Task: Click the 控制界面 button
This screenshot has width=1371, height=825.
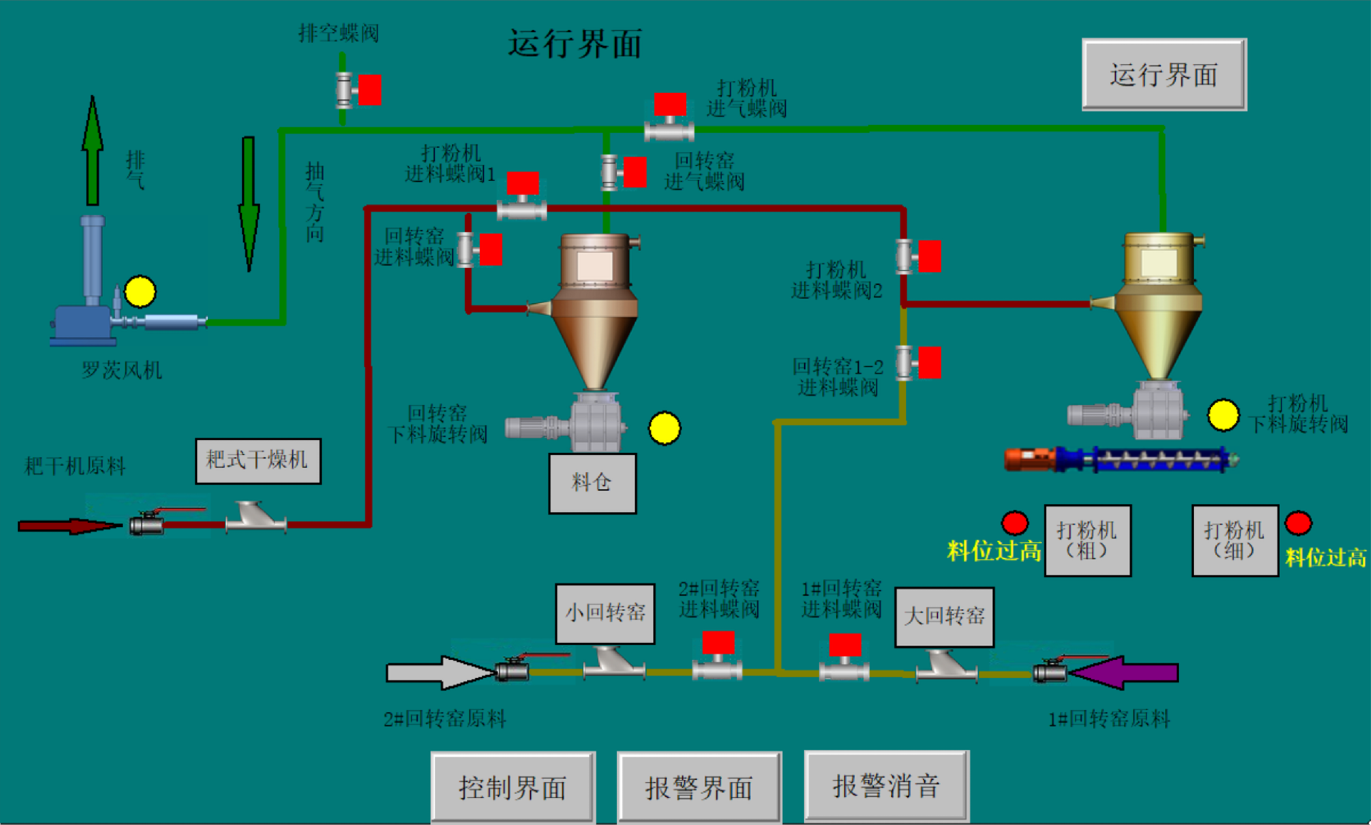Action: click(x=513, y=787)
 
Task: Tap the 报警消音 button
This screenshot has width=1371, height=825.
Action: click(x=886, y=786)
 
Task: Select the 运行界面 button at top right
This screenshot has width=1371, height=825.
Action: click(x=1164, y=74)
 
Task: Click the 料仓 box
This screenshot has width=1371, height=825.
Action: click(x=592, y=483)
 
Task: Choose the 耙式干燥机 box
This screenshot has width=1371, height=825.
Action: click(x=258, y=461)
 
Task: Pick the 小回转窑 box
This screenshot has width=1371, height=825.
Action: click(x=605, y=613)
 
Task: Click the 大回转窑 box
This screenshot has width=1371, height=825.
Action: click(x=944, y=616)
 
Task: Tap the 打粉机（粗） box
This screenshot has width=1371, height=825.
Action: click(x=1087, y=540)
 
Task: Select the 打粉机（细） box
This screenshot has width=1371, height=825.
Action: click(x=1235, y=540)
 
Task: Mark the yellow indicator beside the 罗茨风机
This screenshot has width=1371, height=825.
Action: click(x=140, y=291)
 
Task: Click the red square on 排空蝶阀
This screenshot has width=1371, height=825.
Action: click(x=369, y=90)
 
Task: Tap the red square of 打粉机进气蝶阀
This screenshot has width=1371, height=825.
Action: click(x=671, y=104)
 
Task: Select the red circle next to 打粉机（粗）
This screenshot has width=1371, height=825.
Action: click(x=1015, y=523)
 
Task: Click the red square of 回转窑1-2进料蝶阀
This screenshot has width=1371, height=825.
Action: click(x=929, y=362)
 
